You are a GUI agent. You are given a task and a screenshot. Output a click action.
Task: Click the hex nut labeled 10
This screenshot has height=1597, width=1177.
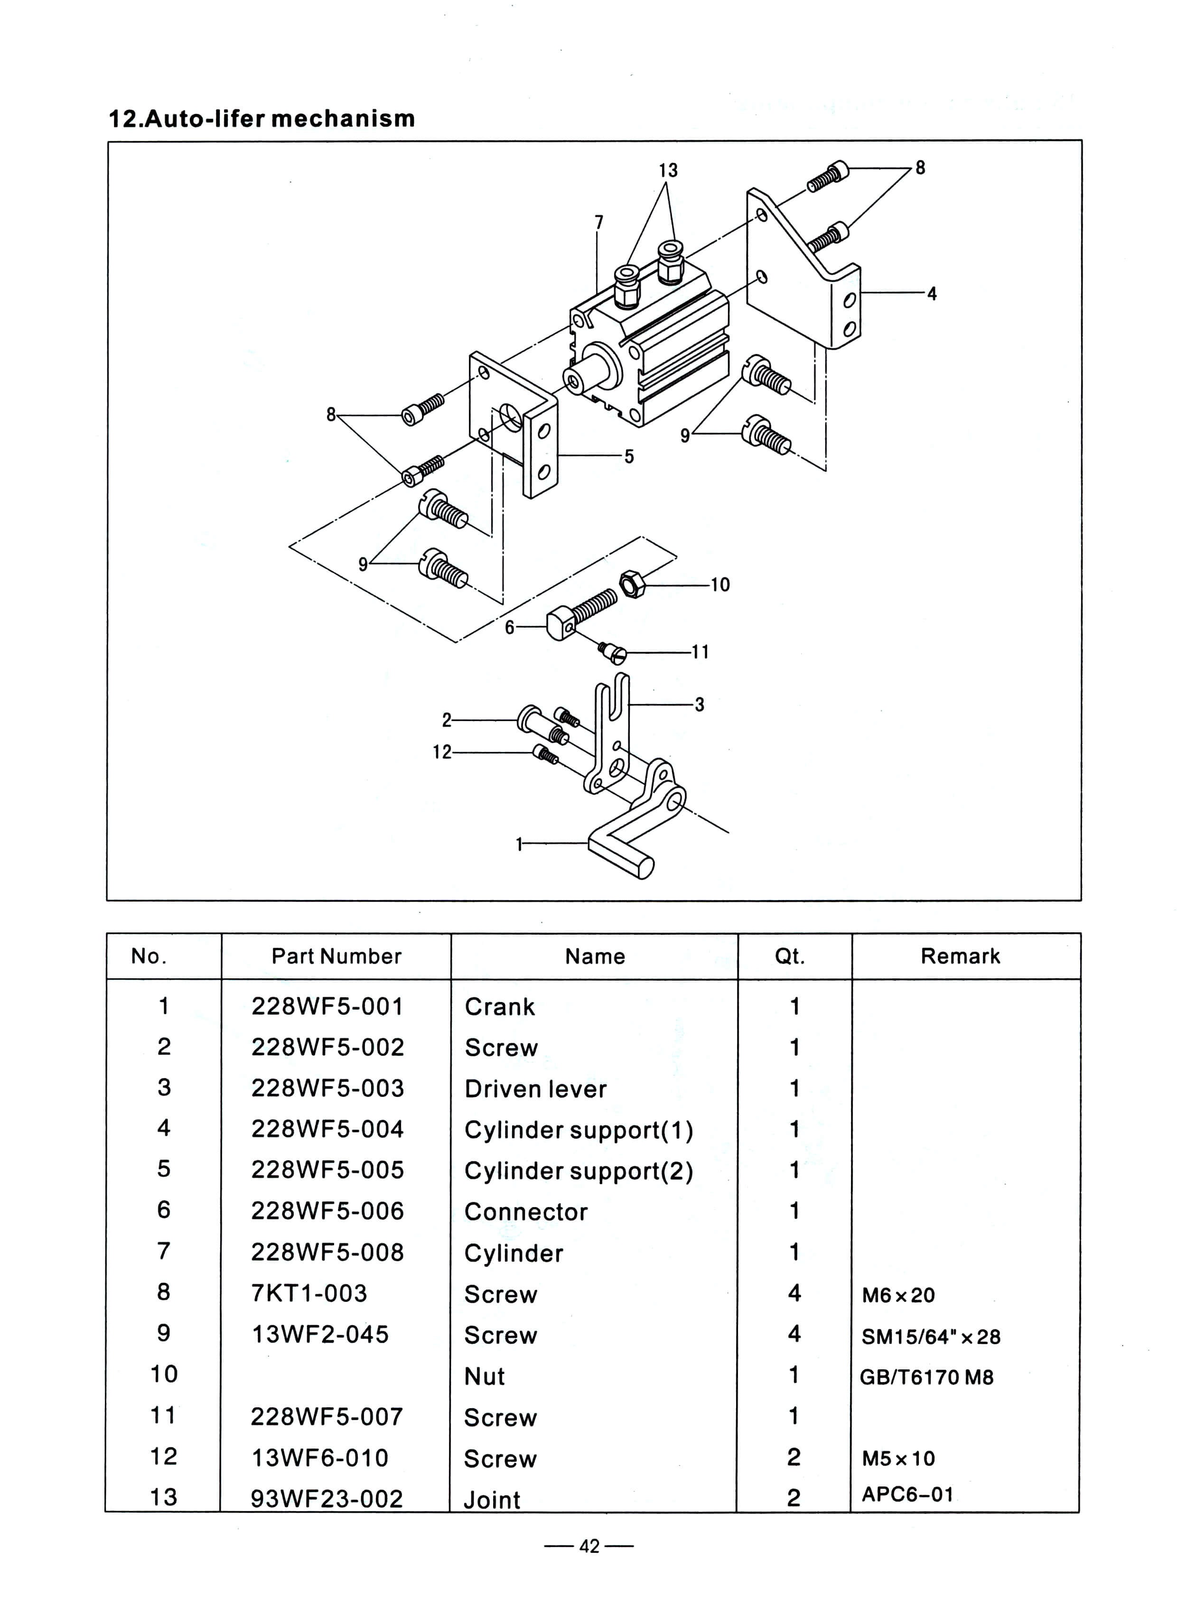[x=631, y=584]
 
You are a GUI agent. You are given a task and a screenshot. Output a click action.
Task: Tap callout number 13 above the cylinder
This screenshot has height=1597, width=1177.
[x=668, y=171]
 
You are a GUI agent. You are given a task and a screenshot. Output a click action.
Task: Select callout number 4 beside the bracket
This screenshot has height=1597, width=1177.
[x=931, y=294]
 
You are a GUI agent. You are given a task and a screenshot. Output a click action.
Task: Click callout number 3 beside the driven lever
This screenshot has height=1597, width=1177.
[x=699, y=705]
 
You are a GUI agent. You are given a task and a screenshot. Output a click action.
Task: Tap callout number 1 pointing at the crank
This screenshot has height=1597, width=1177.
[x=519, y=844]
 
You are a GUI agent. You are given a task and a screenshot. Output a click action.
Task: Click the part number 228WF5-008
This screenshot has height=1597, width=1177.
[x=327, y=1252]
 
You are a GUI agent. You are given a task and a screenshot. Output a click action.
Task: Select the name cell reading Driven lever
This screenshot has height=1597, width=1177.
[x=535, y=1088]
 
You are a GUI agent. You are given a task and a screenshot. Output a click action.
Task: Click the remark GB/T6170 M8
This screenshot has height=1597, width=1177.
[x=926, y=1377]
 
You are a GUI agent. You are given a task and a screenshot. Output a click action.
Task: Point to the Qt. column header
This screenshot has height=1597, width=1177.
[x=789, y=956]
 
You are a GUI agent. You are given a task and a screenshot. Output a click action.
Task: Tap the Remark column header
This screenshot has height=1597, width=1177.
[x=960, y=956]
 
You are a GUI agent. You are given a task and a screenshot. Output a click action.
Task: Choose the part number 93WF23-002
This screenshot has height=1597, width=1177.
[x=327, y=1498]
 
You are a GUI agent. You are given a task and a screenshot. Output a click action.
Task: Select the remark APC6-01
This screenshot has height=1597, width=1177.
[x=907, y=1494]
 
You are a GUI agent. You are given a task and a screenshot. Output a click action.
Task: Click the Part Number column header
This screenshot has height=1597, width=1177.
[x=336, y=956]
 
